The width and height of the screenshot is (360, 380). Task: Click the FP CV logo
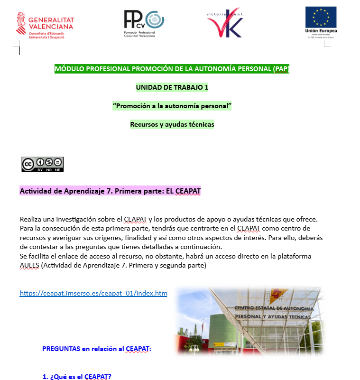point(143,23)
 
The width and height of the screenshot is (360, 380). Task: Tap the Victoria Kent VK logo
point(225,23)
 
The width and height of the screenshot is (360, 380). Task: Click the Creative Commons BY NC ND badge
point(42,164)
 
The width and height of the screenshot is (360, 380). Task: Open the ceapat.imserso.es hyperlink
point(93,293)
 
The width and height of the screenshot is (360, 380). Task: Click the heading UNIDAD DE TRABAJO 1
point(172,87)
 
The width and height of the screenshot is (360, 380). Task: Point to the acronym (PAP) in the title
point(281,69)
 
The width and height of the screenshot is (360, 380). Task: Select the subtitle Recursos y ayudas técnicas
point(172,124)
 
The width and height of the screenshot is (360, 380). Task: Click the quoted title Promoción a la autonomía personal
point(172,106)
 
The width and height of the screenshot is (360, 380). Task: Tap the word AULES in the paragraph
point(29,266)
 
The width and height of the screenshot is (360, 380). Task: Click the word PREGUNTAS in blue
point(61,349)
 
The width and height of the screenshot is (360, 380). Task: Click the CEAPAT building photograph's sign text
point(274,312)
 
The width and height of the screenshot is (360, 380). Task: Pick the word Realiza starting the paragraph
point(32,219)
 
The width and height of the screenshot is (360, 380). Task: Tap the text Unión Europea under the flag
point(321,31)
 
